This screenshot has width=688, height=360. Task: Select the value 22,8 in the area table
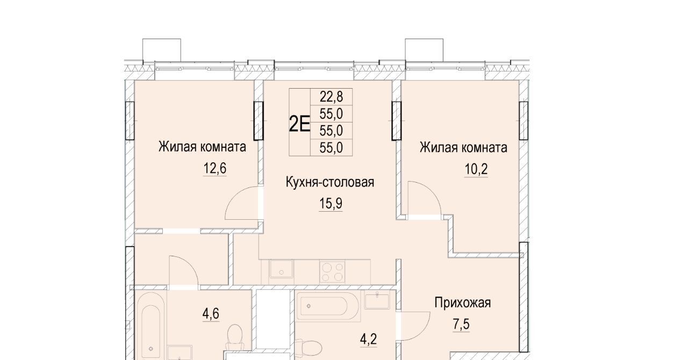[332, 97]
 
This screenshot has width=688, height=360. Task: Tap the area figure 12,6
[214, 168]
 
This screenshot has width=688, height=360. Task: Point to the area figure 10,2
[476, 169]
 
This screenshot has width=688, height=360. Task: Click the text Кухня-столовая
[330, 182]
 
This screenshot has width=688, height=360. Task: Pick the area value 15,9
[331, 203]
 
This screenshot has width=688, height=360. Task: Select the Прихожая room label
[463, 303]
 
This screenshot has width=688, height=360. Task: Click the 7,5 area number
[461, 324]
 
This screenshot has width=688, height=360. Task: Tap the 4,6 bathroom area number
[211, 314]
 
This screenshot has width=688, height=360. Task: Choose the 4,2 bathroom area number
[368, 339]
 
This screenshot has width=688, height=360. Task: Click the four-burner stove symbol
[332, 271]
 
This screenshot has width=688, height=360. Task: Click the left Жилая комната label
[202, 147]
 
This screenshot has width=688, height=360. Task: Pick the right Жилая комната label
[463, 147]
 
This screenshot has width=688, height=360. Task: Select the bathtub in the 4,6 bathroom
[151, 326]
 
